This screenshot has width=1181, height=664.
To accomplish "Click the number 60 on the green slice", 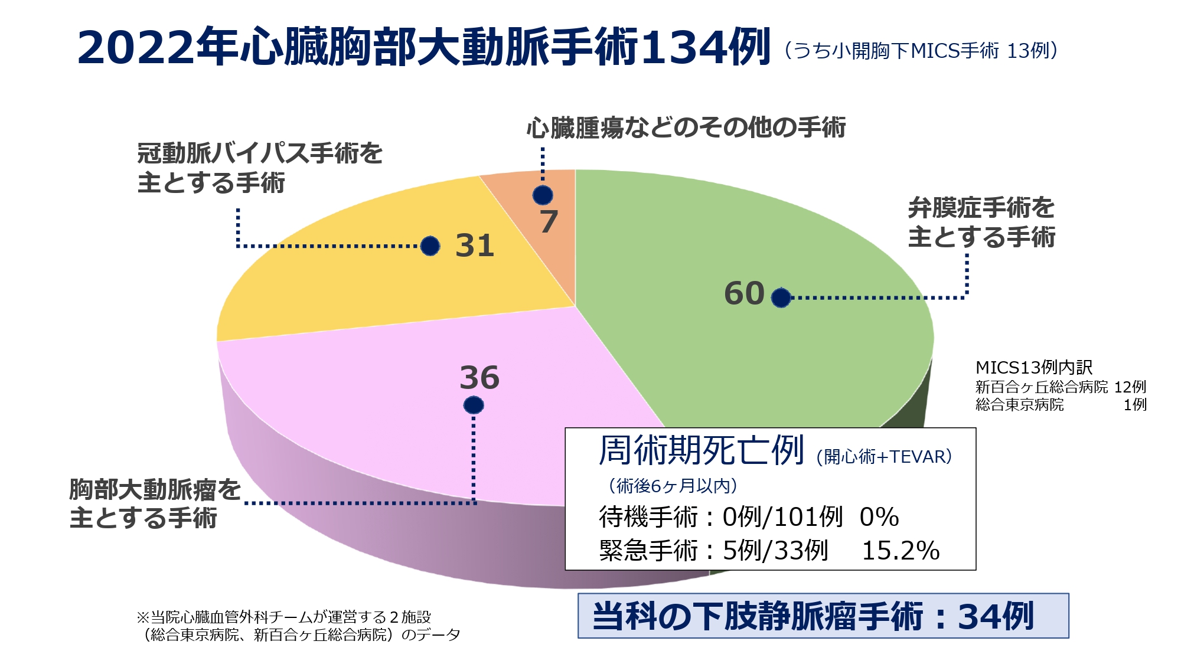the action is coord(744,293).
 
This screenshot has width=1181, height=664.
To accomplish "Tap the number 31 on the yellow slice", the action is coord(475,246).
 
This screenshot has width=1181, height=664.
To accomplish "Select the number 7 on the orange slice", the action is coord(549,222).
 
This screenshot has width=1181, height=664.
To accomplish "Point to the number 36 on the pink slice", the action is coord(479,378).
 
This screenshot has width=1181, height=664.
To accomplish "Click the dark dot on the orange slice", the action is coord(543,195).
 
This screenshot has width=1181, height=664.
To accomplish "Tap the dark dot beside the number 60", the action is coord(781,297).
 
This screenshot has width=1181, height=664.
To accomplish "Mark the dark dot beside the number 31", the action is coord(430,246).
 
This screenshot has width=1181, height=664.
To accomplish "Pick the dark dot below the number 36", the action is coord(474,405).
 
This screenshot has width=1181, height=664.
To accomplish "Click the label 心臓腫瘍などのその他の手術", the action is coord(686,127).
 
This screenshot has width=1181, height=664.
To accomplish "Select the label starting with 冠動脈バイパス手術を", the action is coord(260,168).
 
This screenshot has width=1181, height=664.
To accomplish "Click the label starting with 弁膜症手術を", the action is coord(981,223).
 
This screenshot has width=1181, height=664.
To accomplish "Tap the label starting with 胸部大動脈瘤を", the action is coord(155,503).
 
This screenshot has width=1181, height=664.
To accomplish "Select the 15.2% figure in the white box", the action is coord(901,551).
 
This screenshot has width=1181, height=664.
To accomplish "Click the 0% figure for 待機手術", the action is coord(879,517).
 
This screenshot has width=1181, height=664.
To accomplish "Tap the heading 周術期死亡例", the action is coord(702,450).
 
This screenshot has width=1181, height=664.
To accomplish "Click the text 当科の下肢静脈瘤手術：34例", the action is coord(813,616).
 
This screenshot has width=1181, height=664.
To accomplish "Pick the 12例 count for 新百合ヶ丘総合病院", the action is coord(1130,387).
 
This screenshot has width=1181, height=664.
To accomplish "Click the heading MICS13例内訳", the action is coord(1034,368).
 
